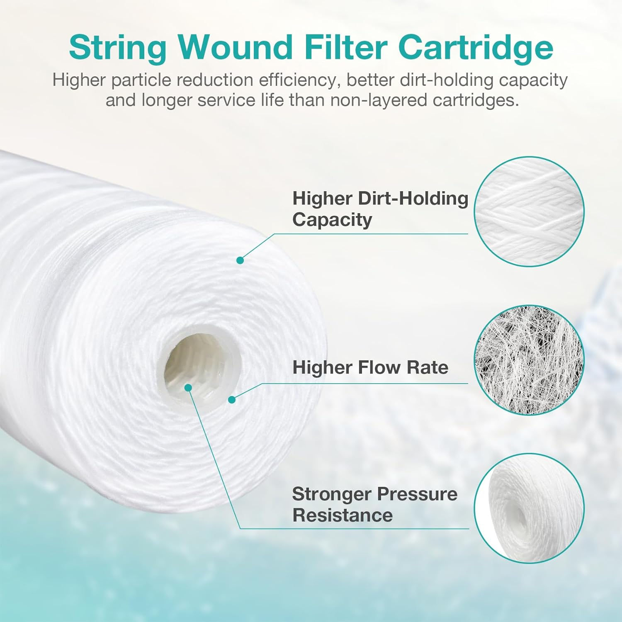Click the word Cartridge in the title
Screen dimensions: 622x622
coord(475,48)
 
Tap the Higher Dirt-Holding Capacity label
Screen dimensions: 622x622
coord(379,209)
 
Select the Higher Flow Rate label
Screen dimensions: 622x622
coord(370,367)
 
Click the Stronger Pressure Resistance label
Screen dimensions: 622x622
coord(374,504)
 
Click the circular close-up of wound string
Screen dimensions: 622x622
coord(529,211)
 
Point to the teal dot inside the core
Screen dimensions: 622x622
coord(188,387)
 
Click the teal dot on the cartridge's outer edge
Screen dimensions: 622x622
coord(240,260)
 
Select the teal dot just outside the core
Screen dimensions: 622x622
coord(232,400)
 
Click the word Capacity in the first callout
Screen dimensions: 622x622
coord(332,220)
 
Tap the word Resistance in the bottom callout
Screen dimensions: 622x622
coord(342,515)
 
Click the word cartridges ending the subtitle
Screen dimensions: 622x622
coord(476,101)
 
